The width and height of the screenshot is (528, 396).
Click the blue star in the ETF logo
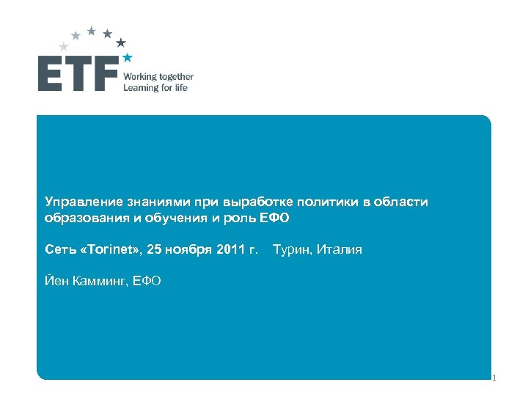click(x=128, y=56)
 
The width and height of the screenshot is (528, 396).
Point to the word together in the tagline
click(x=176, y=76)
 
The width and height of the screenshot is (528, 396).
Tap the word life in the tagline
click(x=181, y=88)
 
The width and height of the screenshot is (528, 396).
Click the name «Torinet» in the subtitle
click(x=110, y=249)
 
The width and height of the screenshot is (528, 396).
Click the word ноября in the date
click(x=188, y=249)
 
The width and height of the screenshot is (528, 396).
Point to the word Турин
click(x=291, y=249)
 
